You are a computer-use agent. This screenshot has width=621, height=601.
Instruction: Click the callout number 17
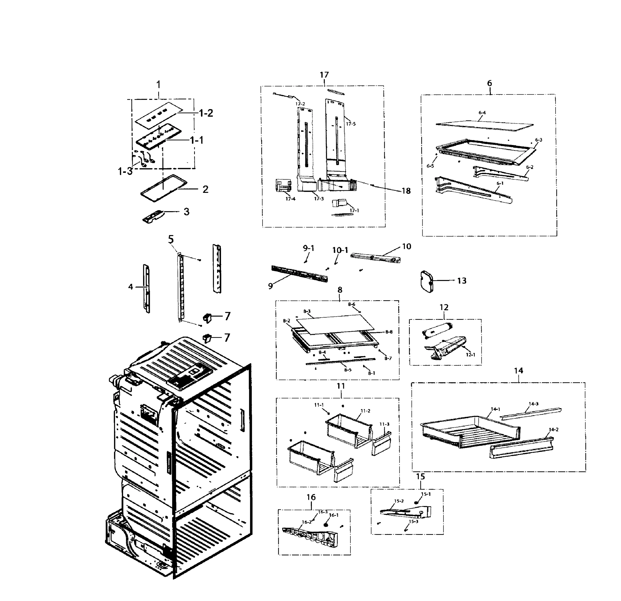[324, 75]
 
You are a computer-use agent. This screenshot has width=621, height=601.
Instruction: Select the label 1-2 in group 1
[206, 113]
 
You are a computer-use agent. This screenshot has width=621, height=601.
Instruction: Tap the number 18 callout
[406, 191]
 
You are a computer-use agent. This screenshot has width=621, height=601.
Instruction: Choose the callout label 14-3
[534, 404]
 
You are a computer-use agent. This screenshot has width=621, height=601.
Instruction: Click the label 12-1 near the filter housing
[470, 355]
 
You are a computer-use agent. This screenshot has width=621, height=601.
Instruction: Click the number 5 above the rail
[171, 239]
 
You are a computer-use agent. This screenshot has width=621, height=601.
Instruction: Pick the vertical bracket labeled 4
[147, 288]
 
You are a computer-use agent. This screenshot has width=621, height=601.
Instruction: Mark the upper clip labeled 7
[207, 317]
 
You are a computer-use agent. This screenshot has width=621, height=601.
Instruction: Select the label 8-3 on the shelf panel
[307, 311]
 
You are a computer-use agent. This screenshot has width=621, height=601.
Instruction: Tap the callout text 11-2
[365, 411]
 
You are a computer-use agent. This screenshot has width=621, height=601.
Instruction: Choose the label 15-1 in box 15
[426, 494]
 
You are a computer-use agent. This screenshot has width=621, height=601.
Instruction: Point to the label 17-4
[290, 199]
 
